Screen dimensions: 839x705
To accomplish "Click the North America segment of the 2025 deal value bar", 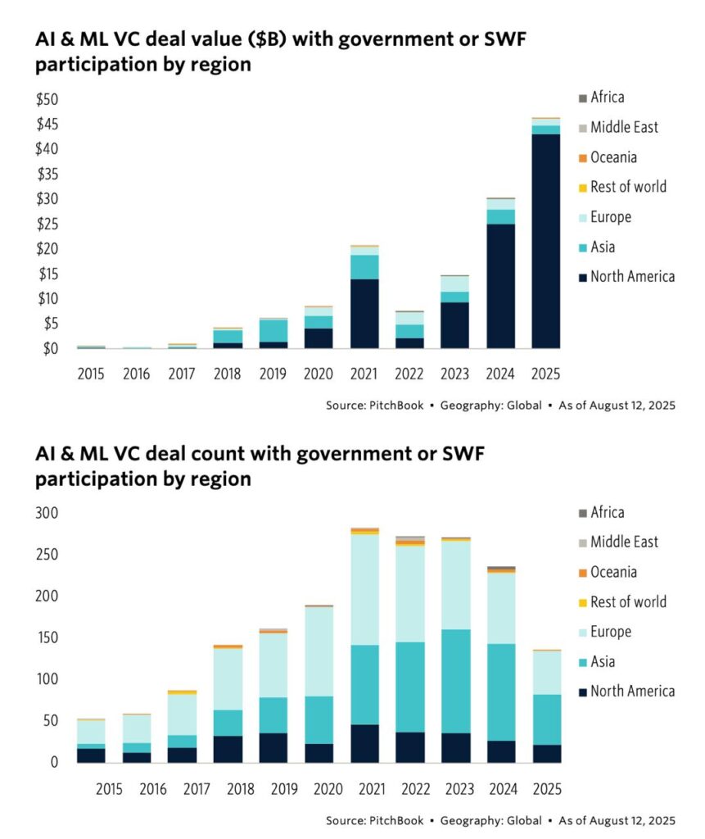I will tap(546, 242).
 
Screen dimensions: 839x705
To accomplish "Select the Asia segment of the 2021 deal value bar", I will tap(364, 267).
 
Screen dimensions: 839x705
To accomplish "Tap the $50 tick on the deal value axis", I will tap(48, 100).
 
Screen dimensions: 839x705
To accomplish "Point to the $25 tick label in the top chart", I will tap(48, 224).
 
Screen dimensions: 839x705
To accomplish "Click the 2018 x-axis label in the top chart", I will tap(227, 373).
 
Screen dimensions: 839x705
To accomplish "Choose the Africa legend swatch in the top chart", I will tap(582, 98).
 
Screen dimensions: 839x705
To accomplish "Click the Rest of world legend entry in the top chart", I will tap(628, 187).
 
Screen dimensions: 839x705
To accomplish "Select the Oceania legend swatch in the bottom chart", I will tap(582, 573).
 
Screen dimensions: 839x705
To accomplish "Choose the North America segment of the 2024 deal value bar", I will tap(500, 287).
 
